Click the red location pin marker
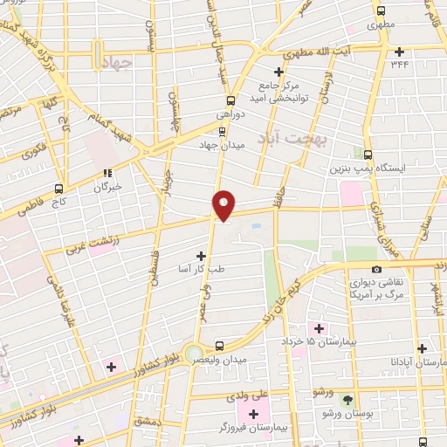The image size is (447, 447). pyautogui.click(x=224, y=204)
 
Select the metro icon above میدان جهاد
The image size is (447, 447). pyautogui.click(x=222, y=131)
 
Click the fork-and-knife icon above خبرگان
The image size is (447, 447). pyautogui.click(x=107, y=173)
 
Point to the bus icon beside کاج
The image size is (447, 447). pyautogui.click(x=59, y=189)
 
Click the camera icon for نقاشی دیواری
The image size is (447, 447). pyautogui.click(x=376, y=270)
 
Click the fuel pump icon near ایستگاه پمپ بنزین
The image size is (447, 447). pyautogui.click(x=368, y=154)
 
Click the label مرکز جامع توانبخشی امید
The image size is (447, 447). pyautogui.click(x=279, y=92)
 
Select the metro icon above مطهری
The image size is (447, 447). pyautogui.click(x=379, y=11)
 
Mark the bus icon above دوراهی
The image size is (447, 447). pyautogui.click(x=230, y=100)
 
